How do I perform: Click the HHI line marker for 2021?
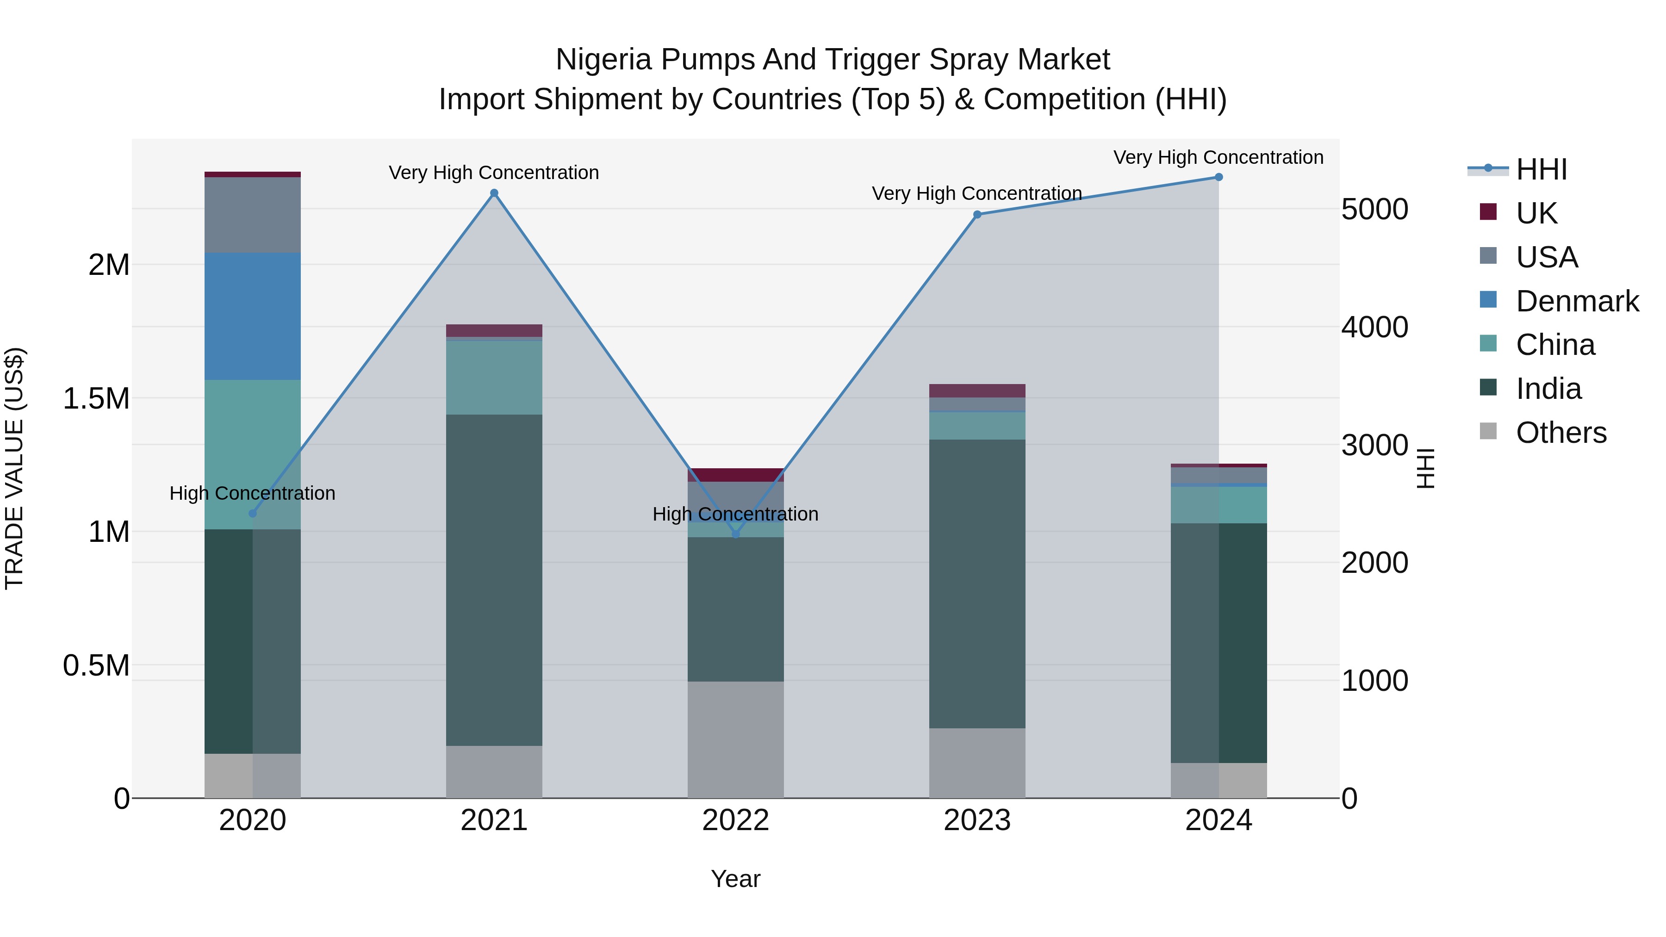click(x=494, y=192)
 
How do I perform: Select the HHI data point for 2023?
click(x=977, y=215)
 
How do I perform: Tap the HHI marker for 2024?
click(x=1218, y=177)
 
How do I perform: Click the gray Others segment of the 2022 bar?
click(x=735, y=739)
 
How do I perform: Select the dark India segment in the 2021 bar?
click(x=494, y=580)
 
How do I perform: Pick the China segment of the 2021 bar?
click(x=494, y=378)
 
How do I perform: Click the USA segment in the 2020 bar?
click(x=252, y=215)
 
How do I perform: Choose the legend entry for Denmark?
click(x=1577, y=301)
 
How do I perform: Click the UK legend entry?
click(x=1536, y=213)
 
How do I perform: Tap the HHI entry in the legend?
click(x=1541, y=169)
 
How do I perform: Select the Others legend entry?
click(x=1560, y=433)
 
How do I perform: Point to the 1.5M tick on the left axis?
click(x=96, y=399)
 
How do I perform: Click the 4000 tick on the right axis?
click(x=1374, y=327)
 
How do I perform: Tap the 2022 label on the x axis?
click(x=735, y=820)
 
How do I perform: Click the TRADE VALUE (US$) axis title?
click(x=14, y=468)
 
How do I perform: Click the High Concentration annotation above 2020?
click(x=252, y=493)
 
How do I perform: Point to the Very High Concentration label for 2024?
click(x=1218, y=157)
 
